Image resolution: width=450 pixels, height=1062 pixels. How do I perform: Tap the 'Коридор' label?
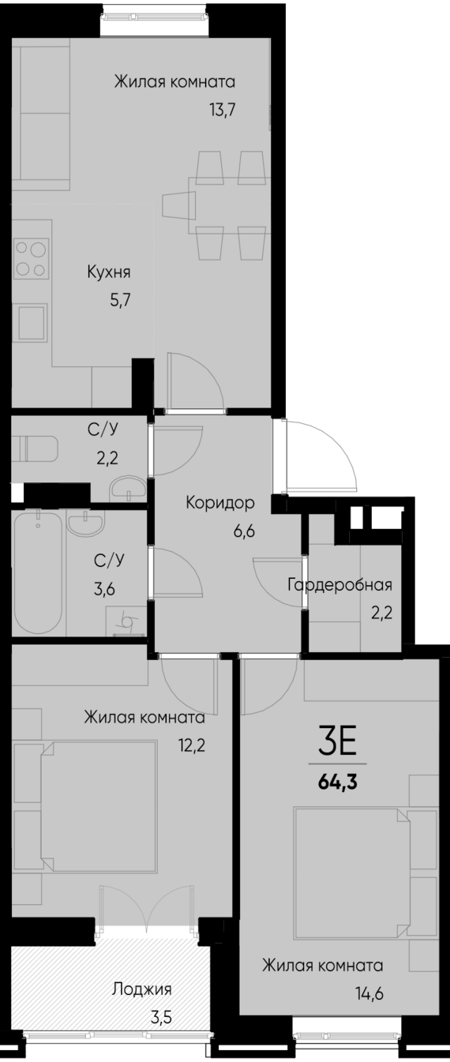click(219, 502)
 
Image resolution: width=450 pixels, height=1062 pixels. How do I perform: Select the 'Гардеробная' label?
click(340, 585)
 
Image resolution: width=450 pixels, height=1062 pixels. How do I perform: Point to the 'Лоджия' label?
click(142, 989)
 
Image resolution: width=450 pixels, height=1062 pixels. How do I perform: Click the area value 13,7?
click(223, 109)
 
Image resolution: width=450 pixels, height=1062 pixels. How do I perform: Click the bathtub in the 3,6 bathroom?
click(37, 572)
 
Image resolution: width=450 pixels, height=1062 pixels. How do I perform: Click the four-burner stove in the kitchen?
click(31, 258)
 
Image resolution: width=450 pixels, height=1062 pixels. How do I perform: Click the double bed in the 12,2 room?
click(96, 805)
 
